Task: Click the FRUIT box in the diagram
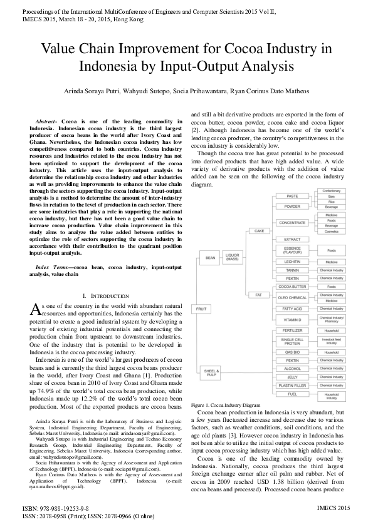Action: (201, 309)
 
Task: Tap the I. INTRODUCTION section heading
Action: (101, 295)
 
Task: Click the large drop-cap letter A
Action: (36, 307)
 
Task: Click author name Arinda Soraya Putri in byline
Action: (93, 91)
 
